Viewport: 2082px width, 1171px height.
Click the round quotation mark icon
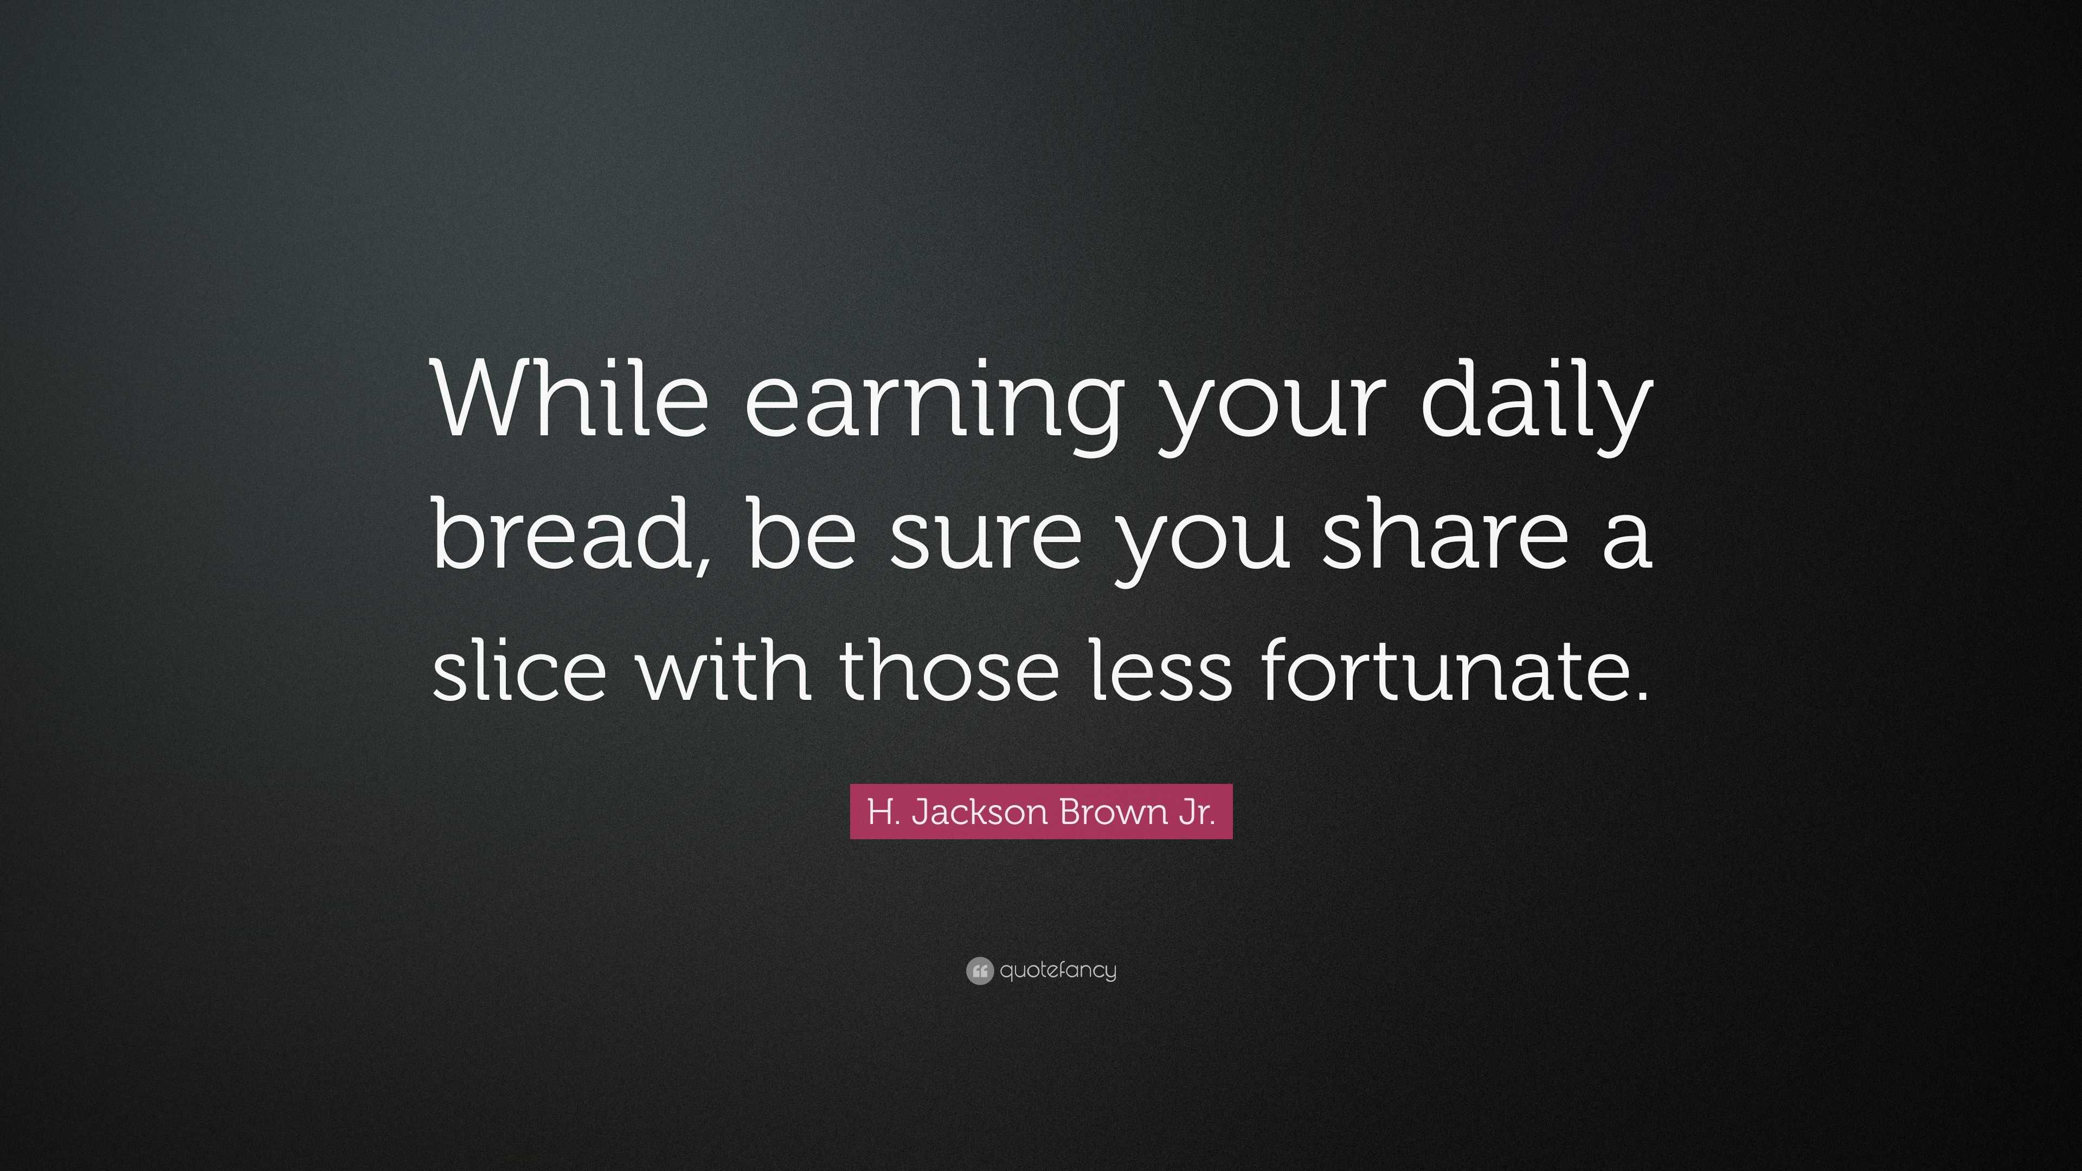[979, 970]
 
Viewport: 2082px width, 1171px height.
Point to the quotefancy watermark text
[1057, 970]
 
